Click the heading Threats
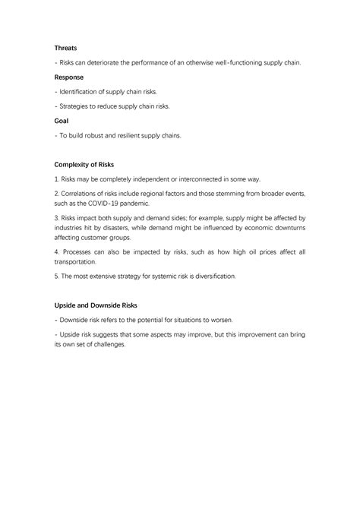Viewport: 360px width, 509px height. coord(66,48)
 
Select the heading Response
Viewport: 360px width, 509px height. coord(69,77)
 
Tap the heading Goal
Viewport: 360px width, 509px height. coord(62,120)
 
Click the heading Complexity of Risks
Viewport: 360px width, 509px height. coord(84,163)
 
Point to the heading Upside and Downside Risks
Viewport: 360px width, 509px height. coord(96,305)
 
